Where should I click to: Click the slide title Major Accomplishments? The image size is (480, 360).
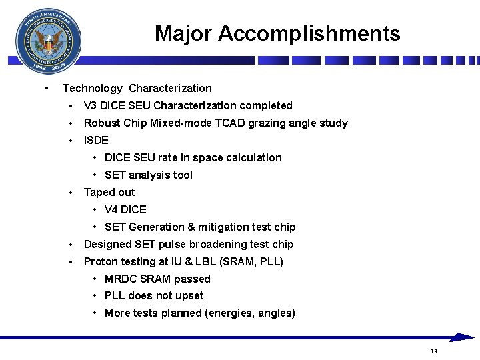tap(277, 33)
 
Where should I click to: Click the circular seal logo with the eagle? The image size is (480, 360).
tap(49, 42)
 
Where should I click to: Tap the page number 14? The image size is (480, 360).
tap(433, 351)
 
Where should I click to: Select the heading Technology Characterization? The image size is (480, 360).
tap(137, 88)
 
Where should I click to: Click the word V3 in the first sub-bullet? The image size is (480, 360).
tap(91, 105)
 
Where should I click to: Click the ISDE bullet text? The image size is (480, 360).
tap(96, 140)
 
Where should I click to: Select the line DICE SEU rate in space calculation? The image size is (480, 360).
tap(193, 157)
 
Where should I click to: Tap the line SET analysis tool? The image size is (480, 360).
tap(148, 175)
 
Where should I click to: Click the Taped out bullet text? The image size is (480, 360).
tap(109, 192)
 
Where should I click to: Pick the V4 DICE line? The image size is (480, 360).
tap(125, 209)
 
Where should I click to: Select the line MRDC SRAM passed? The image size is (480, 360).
tap(157, 279)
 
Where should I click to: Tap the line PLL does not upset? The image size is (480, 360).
tap(154, 295)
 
